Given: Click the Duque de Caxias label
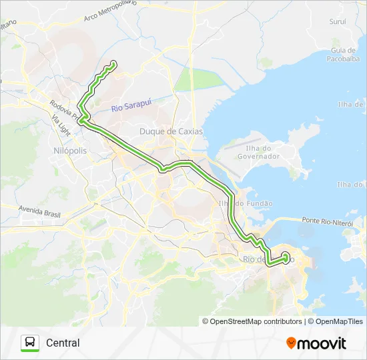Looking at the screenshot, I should click(x=170, y=131).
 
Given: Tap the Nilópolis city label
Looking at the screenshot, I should click(x=69, y=151).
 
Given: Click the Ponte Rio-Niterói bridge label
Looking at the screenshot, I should click(x=326, y=221).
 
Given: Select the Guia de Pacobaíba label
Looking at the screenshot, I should click(x=342, y=55).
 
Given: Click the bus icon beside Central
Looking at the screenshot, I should click(x=30, y=343).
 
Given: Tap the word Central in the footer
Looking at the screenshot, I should click(x=63, y=343).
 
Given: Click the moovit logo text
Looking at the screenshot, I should click(x=322, y=343).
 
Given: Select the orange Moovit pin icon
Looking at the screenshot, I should click(x=291, y=343).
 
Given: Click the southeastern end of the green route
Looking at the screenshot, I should click(x=286, y=256).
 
